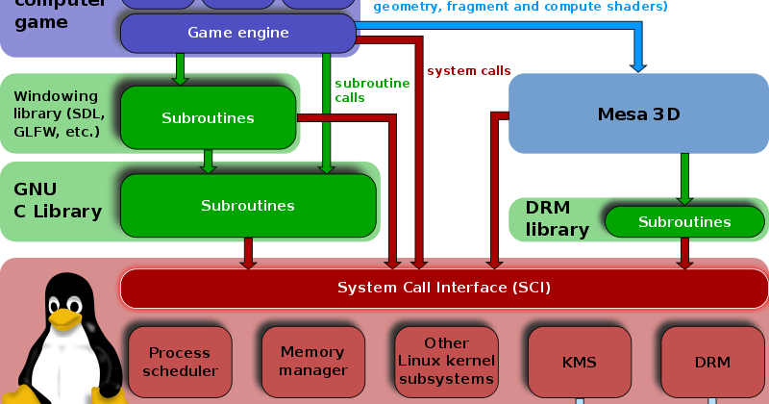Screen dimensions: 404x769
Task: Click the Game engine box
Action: point(237,34)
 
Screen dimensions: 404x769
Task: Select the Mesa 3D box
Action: point(638,114)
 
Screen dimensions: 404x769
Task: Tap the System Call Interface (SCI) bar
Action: point(443,288)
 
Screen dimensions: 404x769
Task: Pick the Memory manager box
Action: point(313,363)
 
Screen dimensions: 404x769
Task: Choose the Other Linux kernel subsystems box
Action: point(446,362)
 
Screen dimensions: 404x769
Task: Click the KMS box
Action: point(579,363)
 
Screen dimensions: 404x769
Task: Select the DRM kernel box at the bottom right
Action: point(711,363)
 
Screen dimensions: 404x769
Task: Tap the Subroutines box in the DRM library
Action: point(684,222)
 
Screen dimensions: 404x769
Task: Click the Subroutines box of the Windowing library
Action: point(208,118)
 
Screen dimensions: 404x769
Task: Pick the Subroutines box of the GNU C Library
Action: point(247,206)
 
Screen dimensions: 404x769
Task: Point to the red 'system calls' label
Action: point(468,71)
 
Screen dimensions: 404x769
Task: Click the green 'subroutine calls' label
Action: point(372,90)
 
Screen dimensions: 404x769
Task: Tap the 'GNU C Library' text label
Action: point(57,200)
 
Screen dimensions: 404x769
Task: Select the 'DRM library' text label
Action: point(557,218)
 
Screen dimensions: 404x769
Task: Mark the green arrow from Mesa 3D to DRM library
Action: point(684,179)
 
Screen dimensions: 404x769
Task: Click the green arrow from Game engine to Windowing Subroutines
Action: point(180,68)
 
